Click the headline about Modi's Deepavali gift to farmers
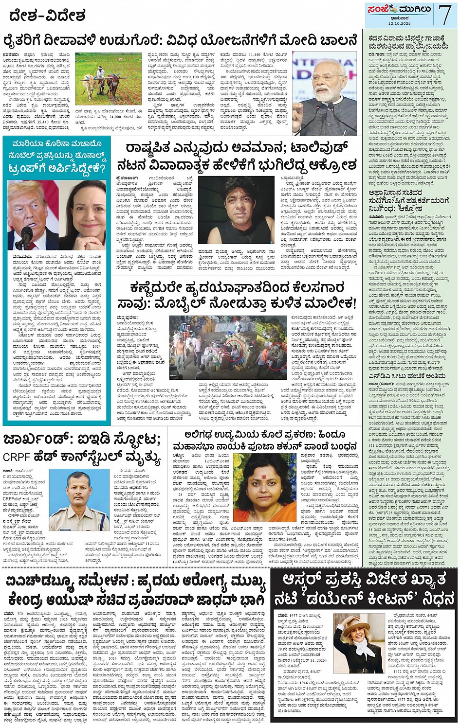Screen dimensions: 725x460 tap(180, 41)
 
